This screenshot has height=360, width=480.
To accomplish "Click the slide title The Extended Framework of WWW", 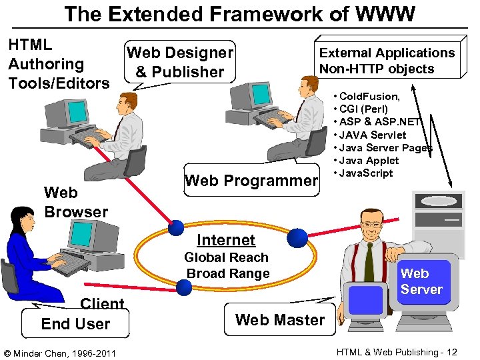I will [x=240, y=13].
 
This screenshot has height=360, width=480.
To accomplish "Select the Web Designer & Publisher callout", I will [x=179, y=62].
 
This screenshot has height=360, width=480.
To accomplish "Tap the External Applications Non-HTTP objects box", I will [x=387, y=61].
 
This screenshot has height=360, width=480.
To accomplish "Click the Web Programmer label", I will [x=251, y=180].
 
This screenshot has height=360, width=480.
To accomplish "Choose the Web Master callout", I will [x=280, y=320].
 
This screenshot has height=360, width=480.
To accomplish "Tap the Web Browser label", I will [x=75, y=202].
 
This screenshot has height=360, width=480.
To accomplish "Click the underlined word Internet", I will [x=226, y=240].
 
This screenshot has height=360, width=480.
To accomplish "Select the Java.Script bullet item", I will [x=366, y=173].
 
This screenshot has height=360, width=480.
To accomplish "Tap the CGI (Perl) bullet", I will [x=363, y=109].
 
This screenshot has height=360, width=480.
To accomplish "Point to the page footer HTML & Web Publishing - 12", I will [x=397, y=352].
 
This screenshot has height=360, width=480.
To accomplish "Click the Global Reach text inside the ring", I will [x=226, y=257].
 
